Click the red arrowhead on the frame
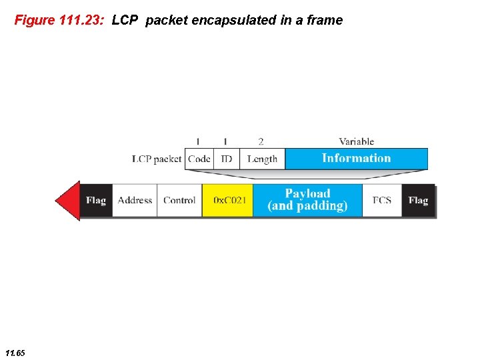(x=67, y=200)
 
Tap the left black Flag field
(x=96, y=200)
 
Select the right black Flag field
(x=419, y=200)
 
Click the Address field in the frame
(x=135, y=200)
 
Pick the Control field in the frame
(x=179, y=200)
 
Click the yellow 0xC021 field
(x=228, y=200)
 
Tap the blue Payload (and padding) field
(x=307, y=200)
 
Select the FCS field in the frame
(x=382, y=200)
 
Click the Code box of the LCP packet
(x=199, y=159)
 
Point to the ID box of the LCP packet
(x=227, y=159)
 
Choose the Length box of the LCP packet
(x=262, y=159)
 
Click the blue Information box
(x=356, y=158)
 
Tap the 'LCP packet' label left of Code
(x=157, y=159)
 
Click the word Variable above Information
(x=356, y=141)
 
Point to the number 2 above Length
(x=261, y=141)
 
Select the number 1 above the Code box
(x=197, y=141)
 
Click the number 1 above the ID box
(x=225, y=141)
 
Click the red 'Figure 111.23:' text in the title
(x=60, y=20)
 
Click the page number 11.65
(x=15, y=352)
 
